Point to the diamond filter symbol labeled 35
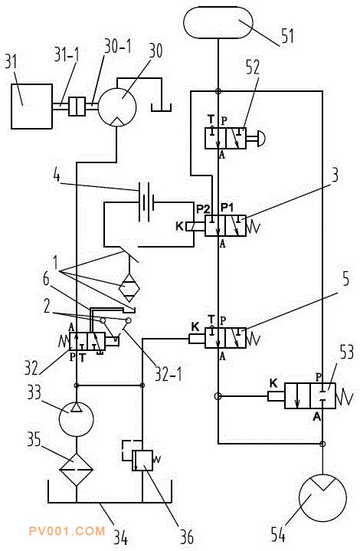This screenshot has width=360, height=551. pyautogui.click(x=77, y=469)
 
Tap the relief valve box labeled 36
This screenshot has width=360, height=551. pyautogui.click(x=142, y=461)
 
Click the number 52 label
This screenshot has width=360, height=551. pyautogui.click(x=253, y=67)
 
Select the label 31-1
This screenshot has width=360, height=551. pyautogui.click(x=67, y=54)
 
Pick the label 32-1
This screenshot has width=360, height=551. pyautogui.click(x=169, y=374)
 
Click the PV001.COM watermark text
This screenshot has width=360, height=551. pyautogui.click(x=67, y=530)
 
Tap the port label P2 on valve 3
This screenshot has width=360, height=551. pyautogui.click(x=203, y=209)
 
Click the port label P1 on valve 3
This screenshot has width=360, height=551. pyautogui.click(x=227, y=208)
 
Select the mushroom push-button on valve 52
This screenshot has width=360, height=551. pyautogui.click(x=260, y=139)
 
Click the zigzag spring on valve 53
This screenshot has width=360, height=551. pyautogui.click(x=344, y=396)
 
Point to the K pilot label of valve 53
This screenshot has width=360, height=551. pyautogui.click(x=273, y=383)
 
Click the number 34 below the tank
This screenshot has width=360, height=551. pyautogui.click(x=120, y=536)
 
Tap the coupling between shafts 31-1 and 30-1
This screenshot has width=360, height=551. pyautogui.click(x=77, y=106)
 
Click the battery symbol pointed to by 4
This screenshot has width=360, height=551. pyautogui.click(x=146, y=202)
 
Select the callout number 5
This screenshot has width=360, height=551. pyautogui.click(x=346, y=278)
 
